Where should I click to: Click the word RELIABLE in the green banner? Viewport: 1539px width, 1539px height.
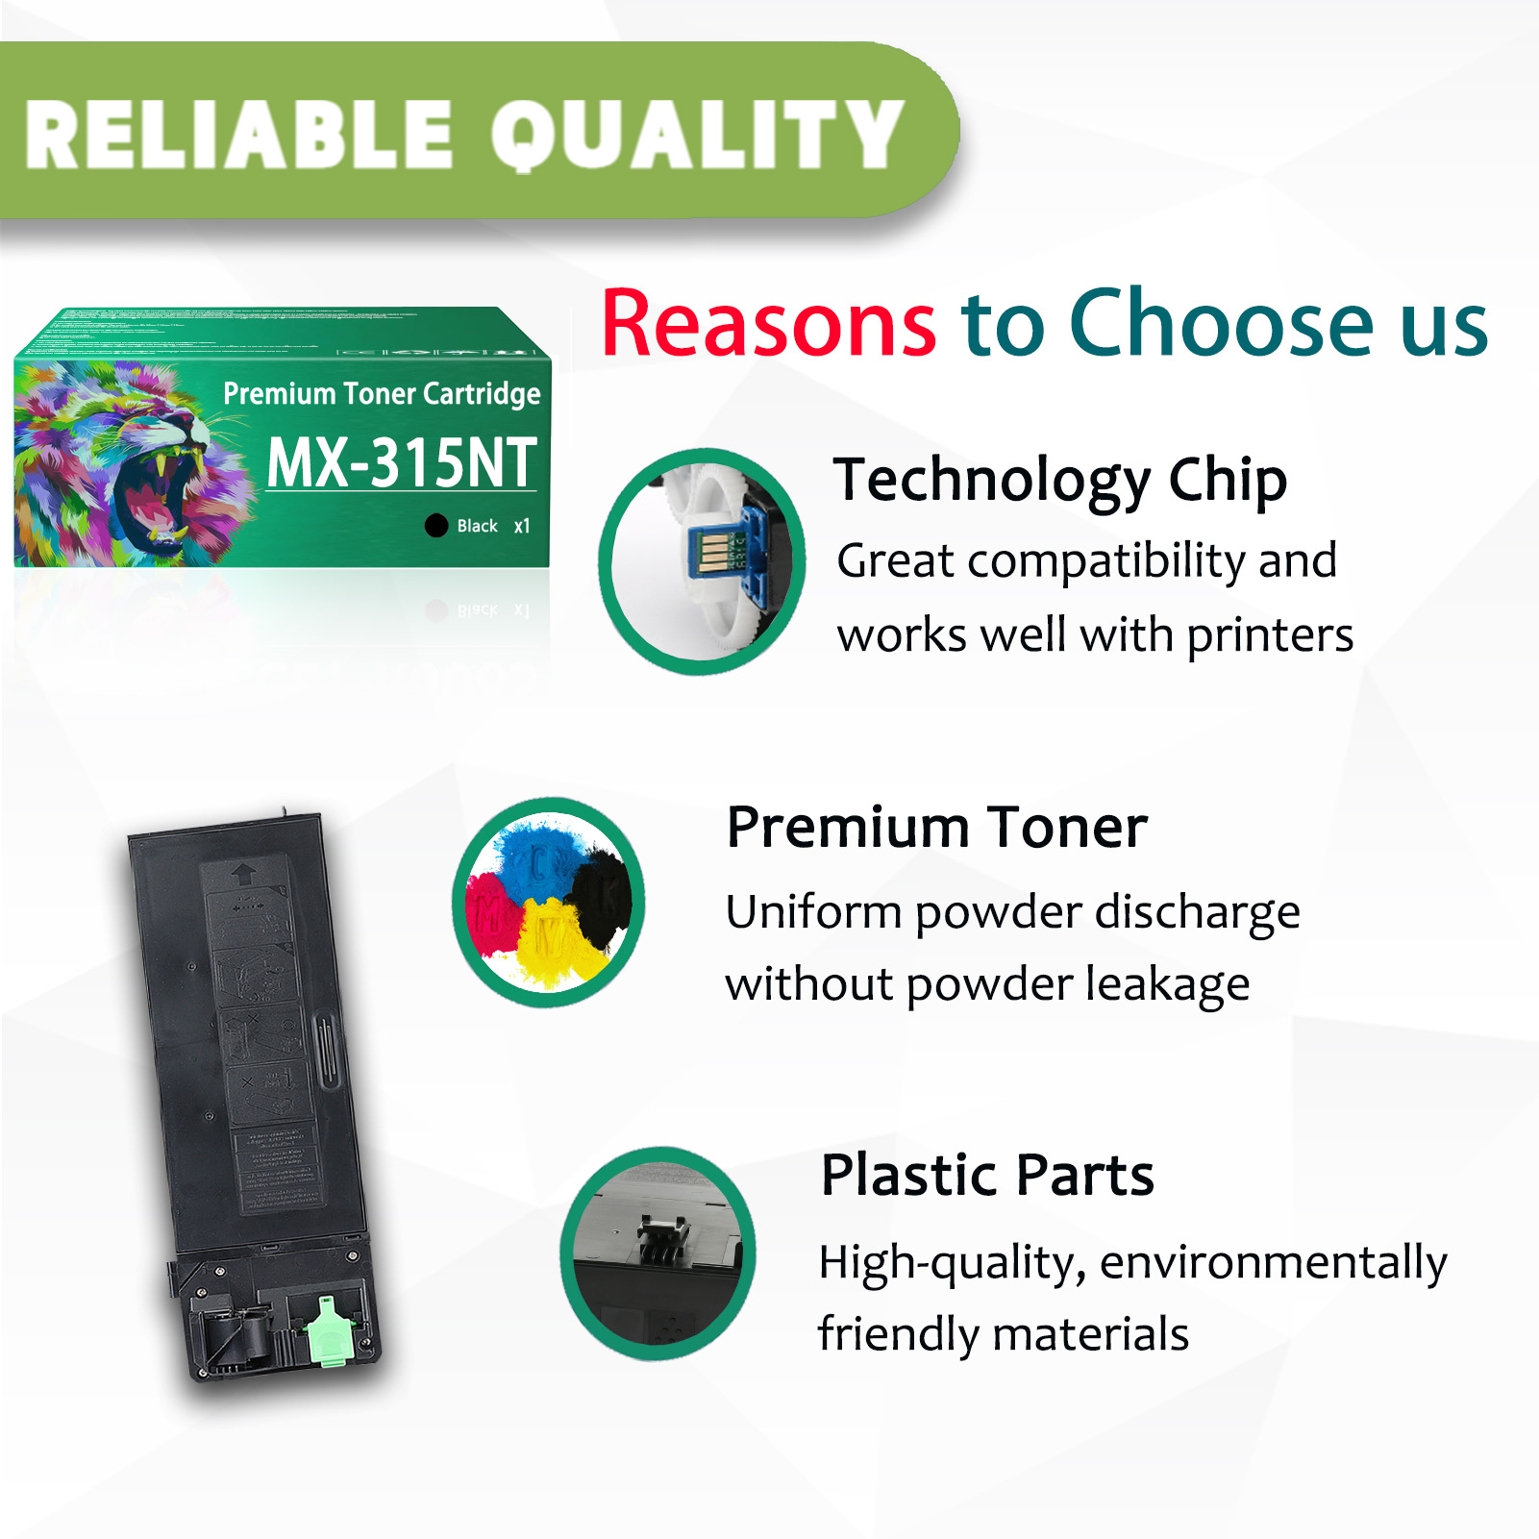pyautogui.click(x=238, y=136)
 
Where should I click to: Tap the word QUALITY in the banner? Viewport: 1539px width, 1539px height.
pyautogui.click(x=697, y=136)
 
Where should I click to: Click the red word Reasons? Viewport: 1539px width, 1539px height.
pyautogui.click(x=768, y=324)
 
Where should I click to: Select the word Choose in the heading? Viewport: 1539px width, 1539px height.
pyautogui.click(x=1222, y=324)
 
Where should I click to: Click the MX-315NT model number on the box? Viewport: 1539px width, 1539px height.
pyautogui.click(x=401, y=463)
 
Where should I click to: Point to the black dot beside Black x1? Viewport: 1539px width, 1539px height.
pyautogui.click(x=436, y=526)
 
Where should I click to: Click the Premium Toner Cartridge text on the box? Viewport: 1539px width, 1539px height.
pyautogui.click(x=382, y=393)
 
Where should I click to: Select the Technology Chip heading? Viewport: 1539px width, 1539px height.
pyautogui.click(x=1059, y=480)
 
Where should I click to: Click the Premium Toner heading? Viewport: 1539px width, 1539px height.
pyautogui.click(x=936, y=828)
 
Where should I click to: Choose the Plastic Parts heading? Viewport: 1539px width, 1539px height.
pyautogui.click(x=987, y=1175)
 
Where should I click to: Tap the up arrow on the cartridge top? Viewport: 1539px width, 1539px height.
pyautogui.click(x=243, y=873)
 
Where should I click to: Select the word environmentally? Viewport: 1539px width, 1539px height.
pyautogui.click(x=1273, y=1262)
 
